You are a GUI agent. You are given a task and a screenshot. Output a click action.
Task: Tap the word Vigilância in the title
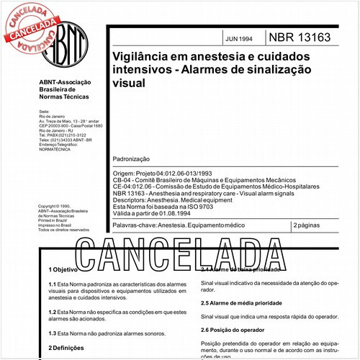pyautogui.click(x=140, y=56)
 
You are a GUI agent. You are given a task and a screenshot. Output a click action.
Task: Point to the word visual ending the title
pyautogui.click(x=127, y=83)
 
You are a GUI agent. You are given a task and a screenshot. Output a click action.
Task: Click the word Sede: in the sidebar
pyautogui.click(x=43, y=112)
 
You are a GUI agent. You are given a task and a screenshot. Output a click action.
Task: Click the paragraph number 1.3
pyautogui.click(x=52, y=333)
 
